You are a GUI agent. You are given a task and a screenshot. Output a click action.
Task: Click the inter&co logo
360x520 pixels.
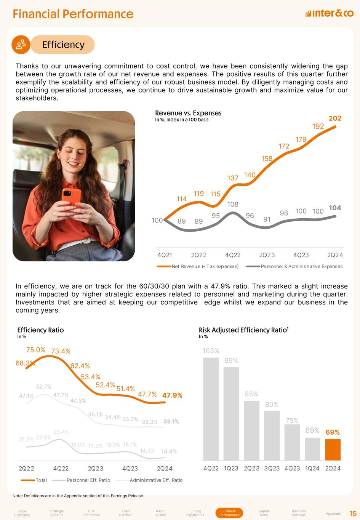(329, 14)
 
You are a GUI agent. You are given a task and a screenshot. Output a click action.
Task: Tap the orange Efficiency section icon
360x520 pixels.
(21, 45)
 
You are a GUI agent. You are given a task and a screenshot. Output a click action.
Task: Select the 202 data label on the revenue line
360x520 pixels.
(335, 118)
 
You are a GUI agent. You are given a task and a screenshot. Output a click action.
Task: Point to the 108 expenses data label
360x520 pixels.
(233, 205)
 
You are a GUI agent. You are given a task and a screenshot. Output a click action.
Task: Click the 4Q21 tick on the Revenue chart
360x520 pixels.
(165, 255)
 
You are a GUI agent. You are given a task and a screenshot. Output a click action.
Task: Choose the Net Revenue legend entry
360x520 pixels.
(198, 266)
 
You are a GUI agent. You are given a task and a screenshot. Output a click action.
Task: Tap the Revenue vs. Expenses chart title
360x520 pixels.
(188, 113)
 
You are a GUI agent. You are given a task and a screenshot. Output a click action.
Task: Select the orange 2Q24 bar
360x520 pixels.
(333, 450)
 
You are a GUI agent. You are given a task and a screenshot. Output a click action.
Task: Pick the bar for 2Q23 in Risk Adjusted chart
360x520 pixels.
(251, 430)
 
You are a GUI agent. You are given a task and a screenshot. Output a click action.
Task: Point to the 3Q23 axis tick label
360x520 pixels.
(272, 468)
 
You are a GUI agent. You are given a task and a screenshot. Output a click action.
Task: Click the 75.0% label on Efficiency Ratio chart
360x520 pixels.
(36, 350)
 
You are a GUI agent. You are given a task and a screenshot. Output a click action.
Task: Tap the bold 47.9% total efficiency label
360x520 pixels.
(172, 395)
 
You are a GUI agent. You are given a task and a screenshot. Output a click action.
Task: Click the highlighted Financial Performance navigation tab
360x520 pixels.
(229, 513)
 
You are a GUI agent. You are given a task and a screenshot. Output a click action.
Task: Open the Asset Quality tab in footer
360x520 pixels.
(160, 513)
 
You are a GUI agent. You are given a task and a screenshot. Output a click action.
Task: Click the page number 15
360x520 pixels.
(353, 514)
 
